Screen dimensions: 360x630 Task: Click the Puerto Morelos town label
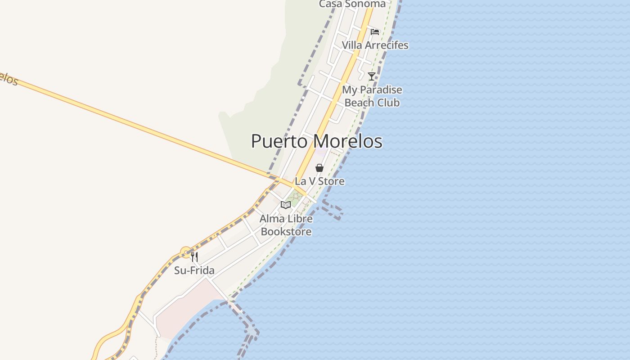[x=316, y=141]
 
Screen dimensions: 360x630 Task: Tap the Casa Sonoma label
[x=352, y=4]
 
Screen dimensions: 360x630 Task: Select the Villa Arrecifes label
[x=375, y=45]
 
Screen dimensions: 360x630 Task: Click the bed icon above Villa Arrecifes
[x=375, y=31]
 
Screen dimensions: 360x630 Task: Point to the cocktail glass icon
[x=371, y=76]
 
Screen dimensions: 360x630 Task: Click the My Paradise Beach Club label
[x=372, y=96]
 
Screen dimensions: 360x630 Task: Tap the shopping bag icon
[x=319, y=168]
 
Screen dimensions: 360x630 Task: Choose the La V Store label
[x=319, y=181]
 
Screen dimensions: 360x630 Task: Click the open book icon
[x=286, y=205]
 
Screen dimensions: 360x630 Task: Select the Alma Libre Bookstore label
[x=286, y=225]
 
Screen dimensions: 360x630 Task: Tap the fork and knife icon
[x=194, y=257]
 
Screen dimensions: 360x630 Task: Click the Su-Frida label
[x=194, y=270]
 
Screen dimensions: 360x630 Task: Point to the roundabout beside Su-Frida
[x=186, y=252]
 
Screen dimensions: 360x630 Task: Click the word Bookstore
[x=286, y=232]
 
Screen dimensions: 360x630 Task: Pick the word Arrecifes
[x=387, y=45]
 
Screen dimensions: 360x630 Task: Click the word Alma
[x=272, y=219]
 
